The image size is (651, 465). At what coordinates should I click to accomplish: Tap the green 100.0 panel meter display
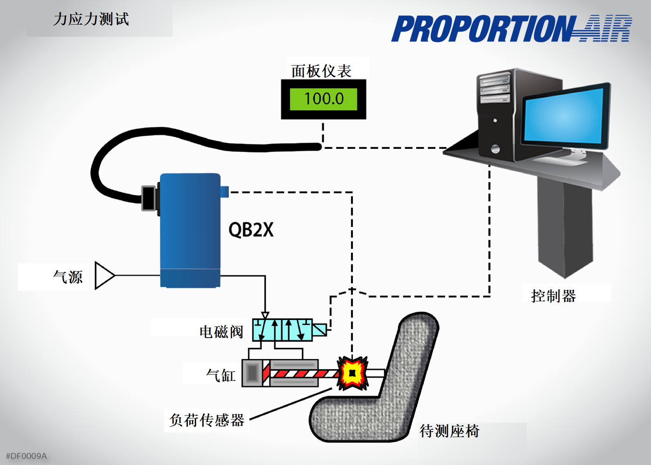click(x=324, y=99)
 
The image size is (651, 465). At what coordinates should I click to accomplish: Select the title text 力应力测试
click(x=91, y=20)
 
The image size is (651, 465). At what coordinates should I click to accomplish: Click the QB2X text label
click(x=251, y=230)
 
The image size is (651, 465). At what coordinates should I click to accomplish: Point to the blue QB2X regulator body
click(x=190, y=223)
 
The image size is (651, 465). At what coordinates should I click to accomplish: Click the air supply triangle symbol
click(x=104, y=275)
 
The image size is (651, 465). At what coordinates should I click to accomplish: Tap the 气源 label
click(x=68, y=277)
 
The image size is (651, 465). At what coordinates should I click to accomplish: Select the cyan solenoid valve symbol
click(x=282, y=330)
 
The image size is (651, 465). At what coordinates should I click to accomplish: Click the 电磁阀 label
click(x=221, y=332)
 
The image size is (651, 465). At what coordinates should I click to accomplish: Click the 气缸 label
click(x=221, y=375)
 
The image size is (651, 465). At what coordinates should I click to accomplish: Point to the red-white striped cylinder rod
click(x=302, y=373)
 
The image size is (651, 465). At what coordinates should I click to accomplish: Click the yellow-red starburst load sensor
click(x=352, y=373)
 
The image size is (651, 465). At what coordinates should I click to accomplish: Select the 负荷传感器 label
click(x=207, y=420)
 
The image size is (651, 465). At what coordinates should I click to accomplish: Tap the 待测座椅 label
click(x=449, y=431)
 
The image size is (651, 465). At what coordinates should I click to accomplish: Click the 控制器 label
click(x=553, y=296)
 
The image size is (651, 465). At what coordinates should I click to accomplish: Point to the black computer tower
click(x=496, y=116)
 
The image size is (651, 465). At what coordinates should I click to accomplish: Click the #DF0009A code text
click(x=27, y=456)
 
